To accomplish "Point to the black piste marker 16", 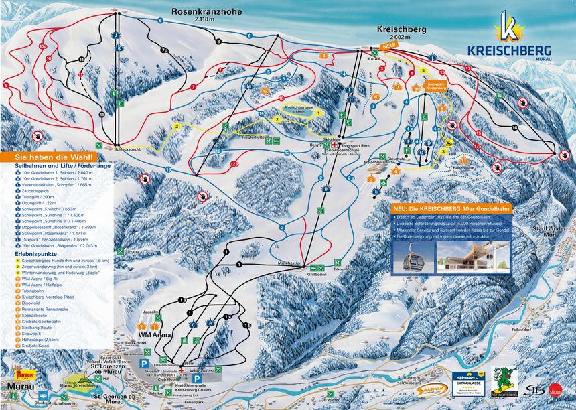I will [514, 127].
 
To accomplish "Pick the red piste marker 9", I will [6, 86].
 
